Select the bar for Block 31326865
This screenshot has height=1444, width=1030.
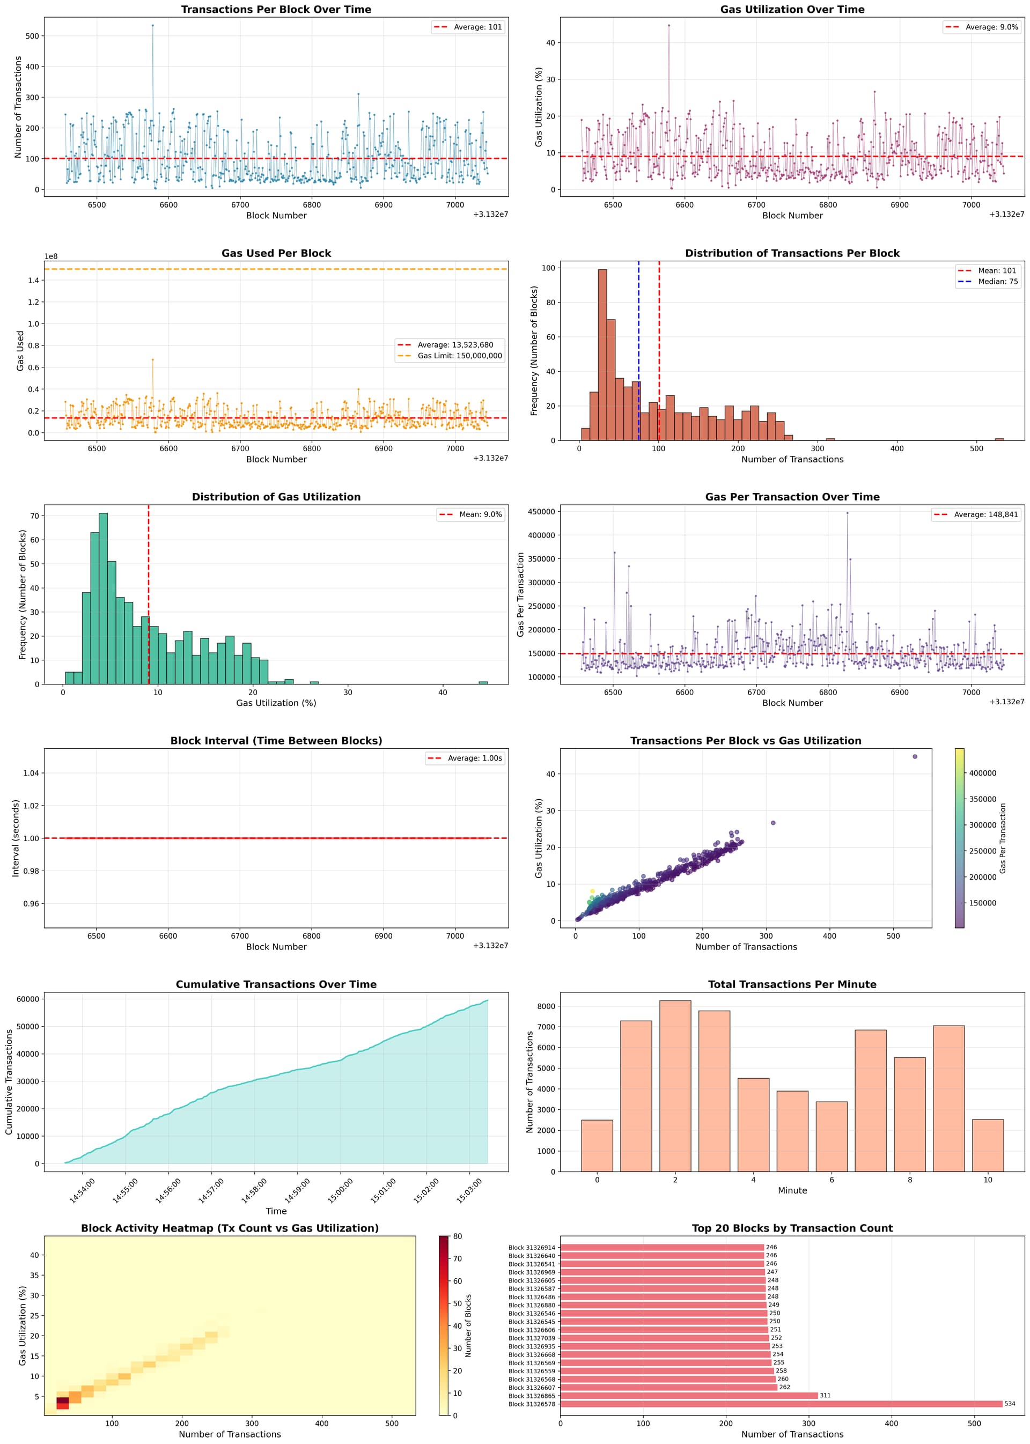(x=689, y=1396)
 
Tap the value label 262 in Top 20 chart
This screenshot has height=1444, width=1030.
(x=784, y=1388)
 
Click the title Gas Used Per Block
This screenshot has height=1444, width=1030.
(x=276, y=253)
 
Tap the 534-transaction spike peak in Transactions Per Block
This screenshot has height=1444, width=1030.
(x=152, y=25)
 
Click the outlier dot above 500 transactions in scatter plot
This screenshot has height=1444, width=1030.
(x=915, y=756)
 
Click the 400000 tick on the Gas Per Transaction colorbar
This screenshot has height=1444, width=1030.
(x=982, y=773)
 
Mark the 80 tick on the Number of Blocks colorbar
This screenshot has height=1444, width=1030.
(x=457, y=1236)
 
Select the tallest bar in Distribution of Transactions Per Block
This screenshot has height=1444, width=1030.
(x=602, y=355)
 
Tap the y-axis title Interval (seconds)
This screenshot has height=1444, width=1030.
(x=16, y=838)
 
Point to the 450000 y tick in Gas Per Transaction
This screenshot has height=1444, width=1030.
(x=541, y=512)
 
